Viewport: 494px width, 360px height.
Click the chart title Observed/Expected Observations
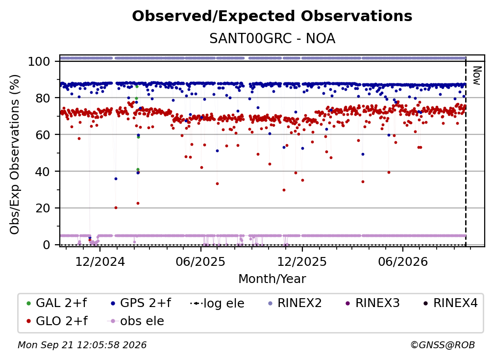[x=272, y=16]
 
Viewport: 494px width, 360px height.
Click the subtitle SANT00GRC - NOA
[x=272, y=38]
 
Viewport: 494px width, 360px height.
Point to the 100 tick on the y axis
[x=39, y=61]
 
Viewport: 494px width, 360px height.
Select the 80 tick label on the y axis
[x=43, y=98]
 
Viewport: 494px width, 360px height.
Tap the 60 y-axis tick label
[x=43, y=134]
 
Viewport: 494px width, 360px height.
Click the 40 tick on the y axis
[x=43, y=172]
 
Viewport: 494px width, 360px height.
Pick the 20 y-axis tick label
[x=43, y=208]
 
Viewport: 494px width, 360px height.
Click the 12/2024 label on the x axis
[x=100, y=261]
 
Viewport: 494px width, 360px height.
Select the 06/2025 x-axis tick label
[x=201, y=261]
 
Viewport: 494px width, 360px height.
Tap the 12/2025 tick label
[x=302, y=261]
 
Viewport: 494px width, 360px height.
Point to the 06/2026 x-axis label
[x=403, y=261]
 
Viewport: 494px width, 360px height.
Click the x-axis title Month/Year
[x=272, y=279]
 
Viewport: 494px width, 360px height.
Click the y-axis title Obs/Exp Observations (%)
[x=15, y=154]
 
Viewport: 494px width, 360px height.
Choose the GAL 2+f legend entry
[x=57, y=303]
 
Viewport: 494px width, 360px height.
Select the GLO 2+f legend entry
[x=57, y=321]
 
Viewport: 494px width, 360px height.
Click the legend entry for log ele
[x=218, y=303]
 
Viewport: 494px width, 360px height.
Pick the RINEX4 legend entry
[x=450, y=303]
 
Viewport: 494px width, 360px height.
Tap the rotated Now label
[x=477, y=76]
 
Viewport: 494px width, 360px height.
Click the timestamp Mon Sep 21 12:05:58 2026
[x=82, y=345]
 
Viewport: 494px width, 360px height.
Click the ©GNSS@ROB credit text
[x=443, y=345]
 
